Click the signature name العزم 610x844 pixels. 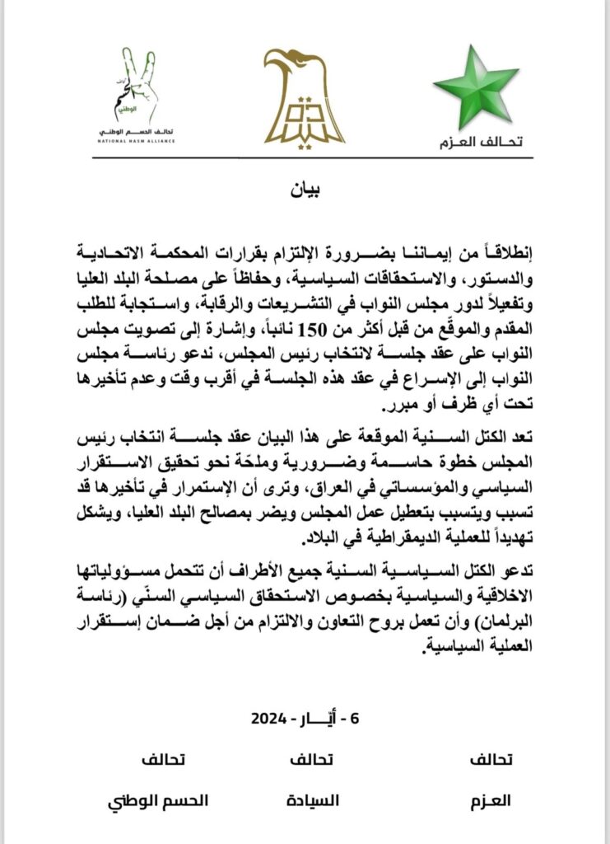(491, 800)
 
